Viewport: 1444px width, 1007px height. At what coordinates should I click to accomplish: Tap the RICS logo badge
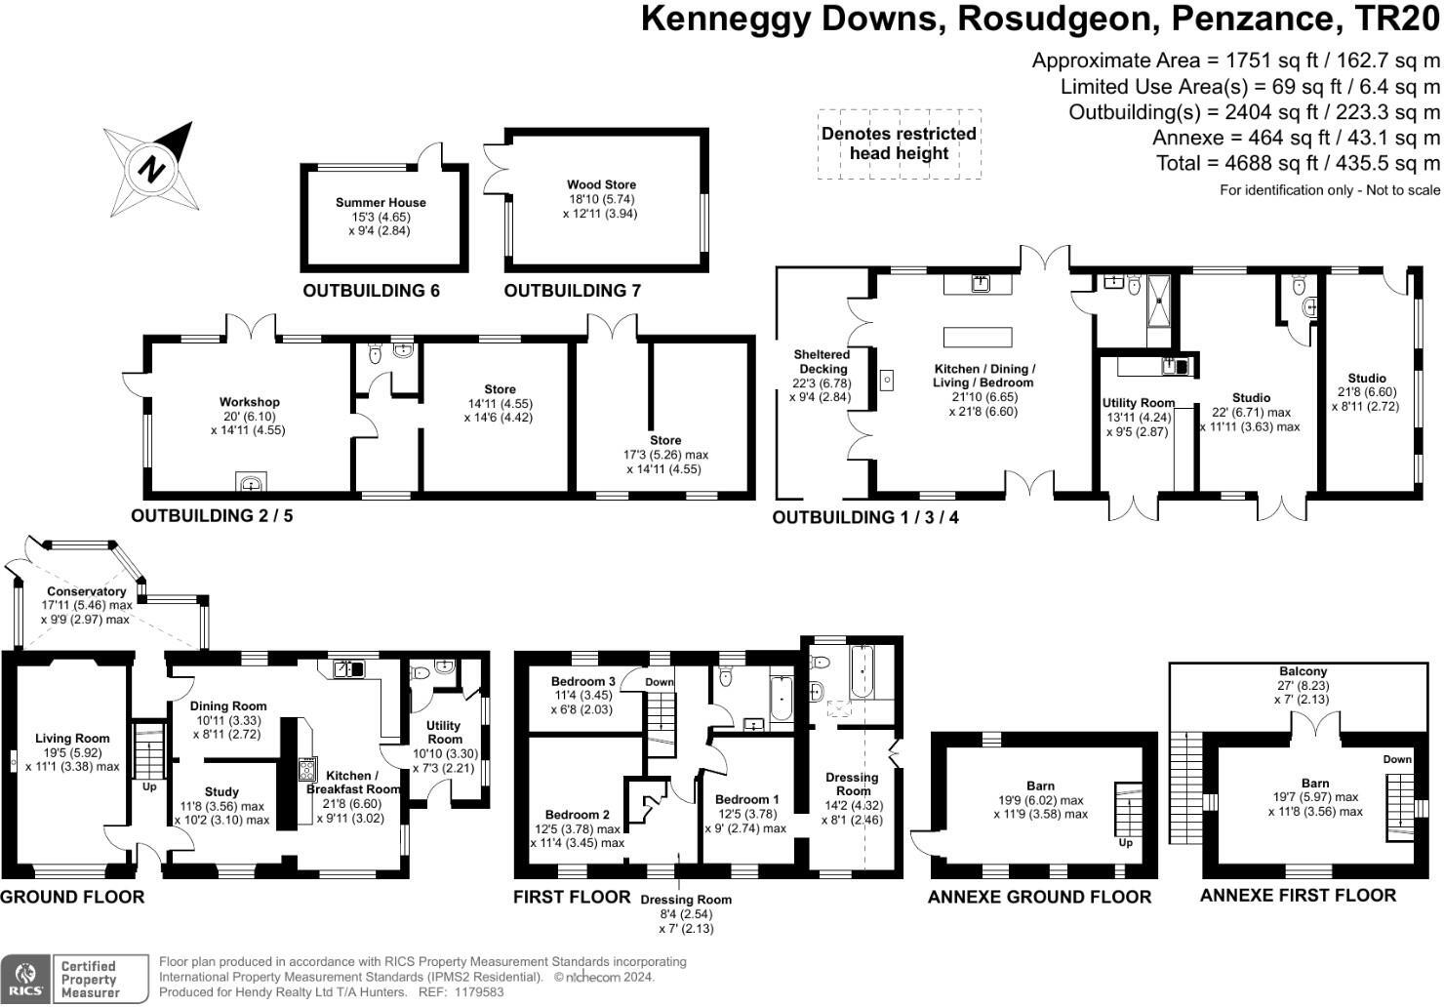point(26,979)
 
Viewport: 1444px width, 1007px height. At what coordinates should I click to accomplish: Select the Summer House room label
point(381,203)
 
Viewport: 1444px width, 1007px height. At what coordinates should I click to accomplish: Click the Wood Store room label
point(601,184)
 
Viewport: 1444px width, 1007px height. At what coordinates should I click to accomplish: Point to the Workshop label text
point(249,402)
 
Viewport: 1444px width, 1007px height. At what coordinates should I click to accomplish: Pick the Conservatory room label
point(86,591)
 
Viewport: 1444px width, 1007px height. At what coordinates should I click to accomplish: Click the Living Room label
point(72,739)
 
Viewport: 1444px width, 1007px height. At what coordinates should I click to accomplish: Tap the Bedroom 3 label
point(582,681)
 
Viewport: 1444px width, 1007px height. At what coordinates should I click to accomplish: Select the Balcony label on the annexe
point(1304,671)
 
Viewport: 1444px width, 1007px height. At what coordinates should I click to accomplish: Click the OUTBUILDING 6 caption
point(371,291)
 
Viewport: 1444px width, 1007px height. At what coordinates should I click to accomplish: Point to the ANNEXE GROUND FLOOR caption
point(1039,897)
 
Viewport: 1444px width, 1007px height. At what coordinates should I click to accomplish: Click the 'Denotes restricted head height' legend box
point(899,143)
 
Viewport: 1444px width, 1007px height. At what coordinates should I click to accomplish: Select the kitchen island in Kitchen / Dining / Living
point(977,338)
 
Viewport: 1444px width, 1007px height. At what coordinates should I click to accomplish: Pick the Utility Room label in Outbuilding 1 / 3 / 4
point(1138,403)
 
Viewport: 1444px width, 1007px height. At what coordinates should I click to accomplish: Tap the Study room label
point(221,792)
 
